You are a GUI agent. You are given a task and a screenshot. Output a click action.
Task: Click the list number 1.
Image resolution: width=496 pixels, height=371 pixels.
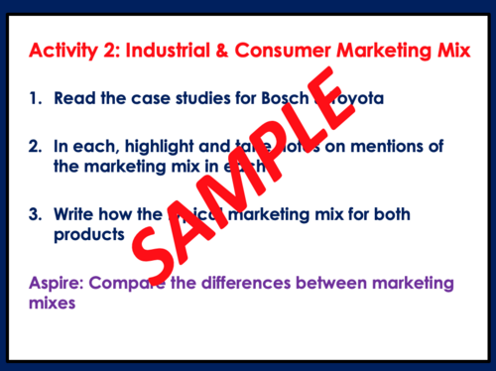35,99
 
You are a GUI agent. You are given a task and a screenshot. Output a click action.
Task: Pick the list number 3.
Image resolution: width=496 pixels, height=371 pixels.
35,214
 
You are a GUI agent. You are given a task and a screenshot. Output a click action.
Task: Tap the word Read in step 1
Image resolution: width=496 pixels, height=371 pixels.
73,99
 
